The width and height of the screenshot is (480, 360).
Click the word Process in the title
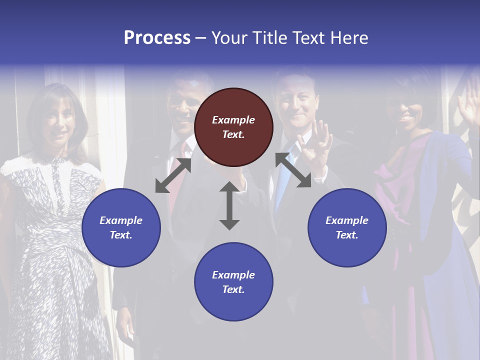[x=157, y=38]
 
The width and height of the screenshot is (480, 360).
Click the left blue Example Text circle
[x=121, y=227]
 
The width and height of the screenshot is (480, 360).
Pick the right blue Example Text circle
[x=347, y=227]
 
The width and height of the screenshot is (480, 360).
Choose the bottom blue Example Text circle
[x=233, y=281]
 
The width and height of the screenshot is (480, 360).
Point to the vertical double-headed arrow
[x=229, y=205]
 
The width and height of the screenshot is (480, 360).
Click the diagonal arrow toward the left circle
[x=173, y=175]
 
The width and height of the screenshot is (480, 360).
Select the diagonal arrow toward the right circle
[x=293, y=170]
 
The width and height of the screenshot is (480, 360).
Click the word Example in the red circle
[x=233, y=120]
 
